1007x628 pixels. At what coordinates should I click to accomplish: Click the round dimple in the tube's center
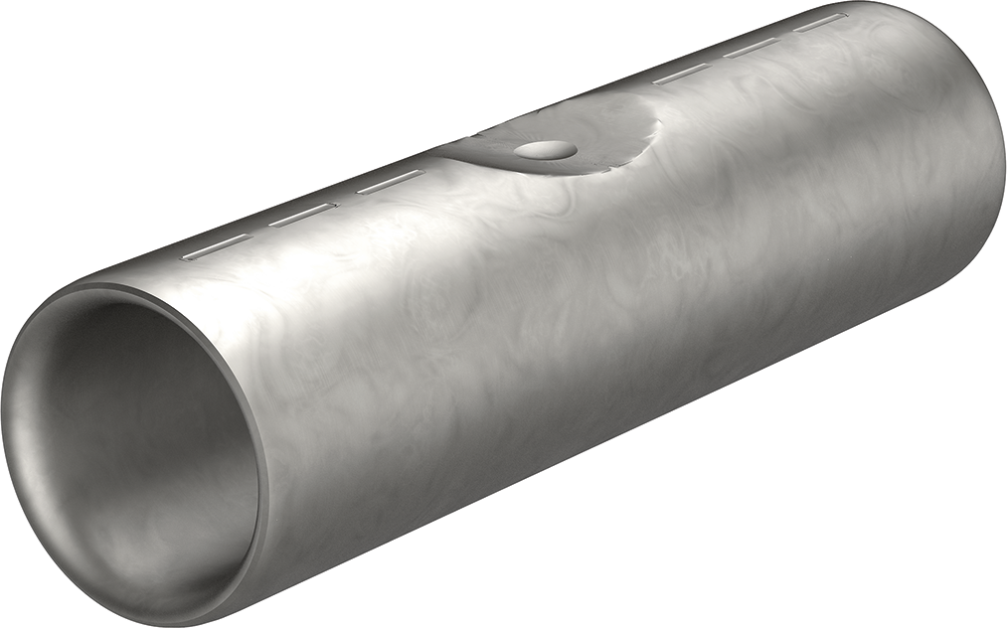(x=545, y=150)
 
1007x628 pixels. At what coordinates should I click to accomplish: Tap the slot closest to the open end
(x=214, y=246)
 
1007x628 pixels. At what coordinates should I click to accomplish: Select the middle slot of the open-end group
(x=302, y=215)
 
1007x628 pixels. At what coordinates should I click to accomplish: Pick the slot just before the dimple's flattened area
(x=390, y=182)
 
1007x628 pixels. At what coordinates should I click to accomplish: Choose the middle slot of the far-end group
(x=751, y=48)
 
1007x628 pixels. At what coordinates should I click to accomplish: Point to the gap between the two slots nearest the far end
(x=785, y=35)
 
